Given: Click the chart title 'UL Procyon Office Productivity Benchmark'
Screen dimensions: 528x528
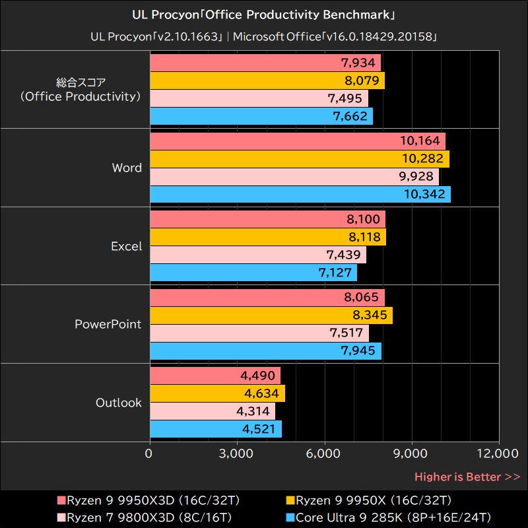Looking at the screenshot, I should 264,14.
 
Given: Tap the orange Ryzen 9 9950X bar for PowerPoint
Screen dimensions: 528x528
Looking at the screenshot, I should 271,315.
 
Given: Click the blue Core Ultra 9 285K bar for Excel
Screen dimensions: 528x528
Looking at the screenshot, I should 253,273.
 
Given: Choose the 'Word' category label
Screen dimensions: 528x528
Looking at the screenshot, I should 127,168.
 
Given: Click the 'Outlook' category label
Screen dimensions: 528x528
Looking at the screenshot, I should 119,403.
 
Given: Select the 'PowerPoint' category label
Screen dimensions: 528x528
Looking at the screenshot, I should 108,324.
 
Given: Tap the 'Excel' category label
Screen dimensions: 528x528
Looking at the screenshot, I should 126,246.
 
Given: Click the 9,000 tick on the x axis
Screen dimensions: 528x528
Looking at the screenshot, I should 412,453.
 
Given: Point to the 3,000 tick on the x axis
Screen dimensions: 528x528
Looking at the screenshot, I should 237,453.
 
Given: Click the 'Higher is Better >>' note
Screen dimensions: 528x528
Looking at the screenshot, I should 467,477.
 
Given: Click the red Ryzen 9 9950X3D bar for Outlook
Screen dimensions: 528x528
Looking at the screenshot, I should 215,376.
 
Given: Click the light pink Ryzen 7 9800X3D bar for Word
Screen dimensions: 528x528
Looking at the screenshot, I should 294,177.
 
